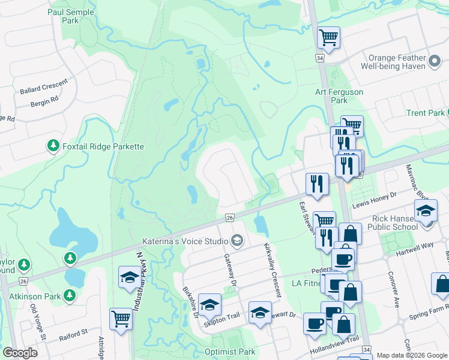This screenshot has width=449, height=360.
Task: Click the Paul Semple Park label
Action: click(78, 16)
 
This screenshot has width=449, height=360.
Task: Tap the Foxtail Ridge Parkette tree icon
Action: click(53, 146)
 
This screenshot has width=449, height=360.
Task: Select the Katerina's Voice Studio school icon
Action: click(237, 241)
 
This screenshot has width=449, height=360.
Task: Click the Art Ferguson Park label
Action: click(339, 96)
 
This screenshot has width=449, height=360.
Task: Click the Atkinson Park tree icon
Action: click(71, 295)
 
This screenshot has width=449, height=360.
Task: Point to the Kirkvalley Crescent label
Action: click(272, 270)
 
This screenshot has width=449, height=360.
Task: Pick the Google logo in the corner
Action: click(20, 353)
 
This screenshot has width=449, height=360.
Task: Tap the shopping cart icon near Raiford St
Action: click(121, 318)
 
